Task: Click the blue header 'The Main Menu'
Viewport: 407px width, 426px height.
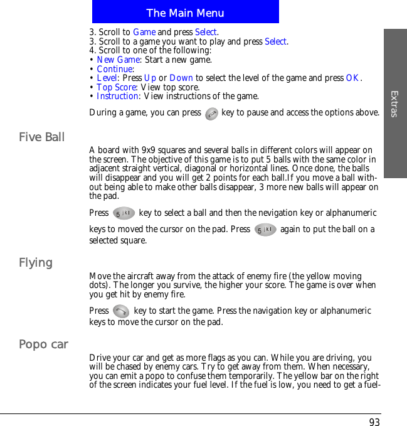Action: (x=185, y=13)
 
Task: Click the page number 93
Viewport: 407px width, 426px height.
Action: (x=374, y=422)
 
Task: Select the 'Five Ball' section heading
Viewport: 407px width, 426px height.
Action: (x=42, y=137)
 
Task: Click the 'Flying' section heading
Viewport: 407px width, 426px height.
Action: (x=36, y=262)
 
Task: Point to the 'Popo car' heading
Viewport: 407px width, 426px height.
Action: (x=43, y=344)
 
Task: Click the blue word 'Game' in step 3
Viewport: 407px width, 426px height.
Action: (x=144, y=32)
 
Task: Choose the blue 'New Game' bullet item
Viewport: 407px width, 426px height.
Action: (x=119, y=60)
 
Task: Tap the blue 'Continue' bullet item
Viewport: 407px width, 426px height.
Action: (x=115, y=69)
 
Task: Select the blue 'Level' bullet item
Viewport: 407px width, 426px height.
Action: (x=108, y=78)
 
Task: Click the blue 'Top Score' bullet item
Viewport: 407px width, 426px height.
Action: (x=117, y=87)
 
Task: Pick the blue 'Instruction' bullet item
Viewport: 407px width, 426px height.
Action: (x=118, y=96)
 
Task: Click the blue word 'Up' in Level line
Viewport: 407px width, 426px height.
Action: (x=151, y=78)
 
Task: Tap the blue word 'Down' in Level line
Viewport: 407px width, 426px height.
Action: (x=181, y=78)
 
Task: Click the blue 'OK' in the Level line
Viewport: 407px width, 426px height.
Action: (x=353, y=78)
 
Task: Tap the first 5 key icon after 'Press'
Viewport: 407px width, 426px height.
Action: (x=124, y=213)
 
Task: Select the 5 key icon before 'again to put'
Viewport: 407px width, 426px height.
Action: (x=266, y=230)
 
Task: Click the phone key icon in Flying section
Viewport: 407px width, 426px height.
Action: (x=122, y=311)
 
